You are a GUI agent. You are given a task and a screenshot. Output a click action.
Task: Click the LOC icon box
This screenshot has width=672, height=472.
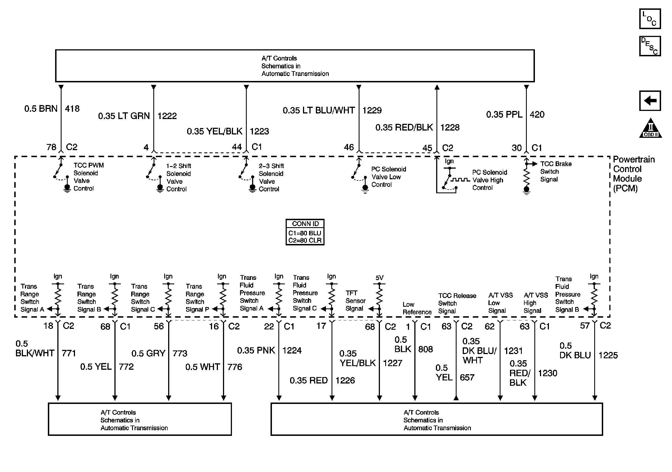(x=650, y=19)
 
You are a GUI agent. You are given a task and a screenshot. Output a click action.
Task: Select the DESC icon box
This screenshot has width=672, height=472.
(x=650, y=46)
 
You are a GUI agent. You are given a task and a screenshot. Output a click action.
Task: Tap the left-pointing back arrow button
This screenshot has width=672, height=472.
(x=650, y=101)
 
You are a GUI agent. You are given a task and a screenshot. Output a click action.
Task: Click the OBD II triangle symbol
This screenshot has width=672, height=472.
(x=650, y=129)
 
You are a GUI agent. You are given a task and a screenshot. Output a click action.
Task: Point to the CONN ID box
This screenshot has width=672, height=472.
(x=305, y=232)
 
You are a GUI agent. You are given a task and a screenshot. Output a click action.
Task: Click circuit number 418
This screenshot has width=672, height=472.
(x=72, y=109)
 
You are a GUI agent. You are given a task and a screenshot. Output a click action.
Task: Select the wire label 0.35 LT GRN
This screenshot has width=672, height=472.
(x=124, y=116)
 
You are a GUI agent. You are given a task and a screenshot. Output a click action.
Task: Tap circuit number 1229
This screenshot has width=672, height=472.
(x=372, y=110)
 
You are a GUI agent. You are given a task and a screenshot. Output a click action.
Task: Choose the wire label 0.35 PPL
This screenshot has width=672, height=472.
(x=504, y=115)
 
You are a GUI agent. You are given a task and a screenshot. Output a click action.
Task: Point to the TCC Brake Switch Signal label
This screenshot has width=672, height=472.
(x=556, y=172)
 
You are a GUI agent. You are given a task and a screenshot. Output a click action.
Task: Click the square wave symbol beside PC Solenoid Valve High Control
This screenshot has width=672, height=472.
(x=460, y=180)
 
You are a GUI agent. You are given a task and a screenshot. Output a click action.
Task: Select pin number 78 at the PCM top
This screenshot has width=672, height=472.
(x=51, y=147)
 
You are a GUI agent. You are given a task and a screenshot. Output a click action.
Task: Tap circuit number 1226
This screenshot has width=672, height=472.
(x=345, y=381)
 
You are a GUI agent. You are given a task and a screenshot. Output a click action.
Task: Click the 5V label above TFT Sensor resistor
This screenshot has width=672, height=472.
(x=379, y=277)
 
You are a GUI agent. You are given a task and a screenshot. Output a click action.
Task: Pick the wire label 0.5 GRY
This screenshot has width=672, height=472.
(x=148, y=353)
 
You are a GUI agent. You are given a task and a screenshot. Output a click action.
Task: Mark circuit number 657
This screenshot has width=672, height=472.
(x=467, y=377)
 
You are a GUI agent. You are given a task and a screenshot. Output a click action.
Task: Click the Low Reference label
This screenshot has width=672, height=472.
(x=417, y=308)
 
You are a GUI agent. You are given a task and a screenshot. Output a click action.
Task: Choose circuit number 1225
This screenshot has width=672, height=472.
(x=608, y=355)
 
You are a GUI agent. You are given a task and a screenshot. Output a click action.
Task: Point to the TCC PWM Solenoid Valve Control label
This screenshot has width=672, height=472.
(x=88, y=177)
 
